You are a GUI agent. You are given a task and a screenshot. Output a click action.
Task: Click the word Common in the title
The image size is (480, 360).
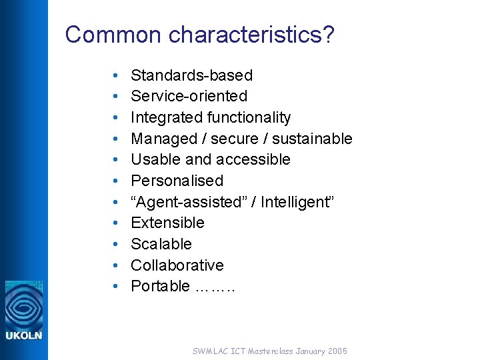(114, 35)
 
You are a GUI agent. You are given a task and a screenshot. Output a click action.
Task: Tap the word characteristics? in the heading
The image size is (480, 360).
(251, 35)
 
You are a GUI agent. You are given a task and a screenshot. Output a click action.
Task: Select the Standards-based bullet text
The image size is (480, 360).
(191, 75)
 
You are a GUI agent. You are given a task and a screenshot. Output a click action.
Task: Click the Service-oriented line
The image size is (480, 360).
(189, 96)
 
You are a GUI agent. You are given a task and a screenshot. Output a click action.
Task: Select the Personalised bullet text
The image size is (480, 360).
(177, 181)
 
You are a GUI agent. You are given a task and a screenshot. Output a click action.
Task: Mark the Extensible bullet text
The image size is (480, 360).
(167, 223)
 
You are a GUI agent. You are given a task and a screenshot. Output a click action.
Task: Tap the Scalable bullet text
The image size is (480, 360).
(161, 244)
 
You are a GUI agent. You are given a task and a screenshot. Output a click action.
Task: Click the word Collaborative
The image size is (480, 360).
(177, 265)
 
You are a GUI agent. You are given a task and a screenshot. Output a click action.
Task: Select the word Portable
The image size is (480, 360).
(160, 286)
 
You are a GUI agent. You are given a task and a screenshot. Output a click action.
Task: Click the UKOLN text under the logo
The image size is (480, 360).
(24, 335)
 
